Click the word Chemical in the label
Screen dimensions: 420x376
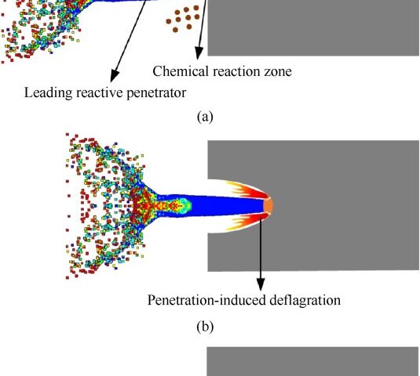point(181,71)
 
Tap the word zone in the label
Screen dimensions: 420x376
point(278,71)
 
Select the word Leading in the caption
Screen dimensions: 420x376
point(48,93)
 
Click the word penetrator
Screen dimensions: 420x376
point(156,93)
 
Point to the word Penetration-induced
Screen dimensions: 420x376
point(206,300)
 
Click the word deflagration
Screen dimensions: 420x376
point(305,300)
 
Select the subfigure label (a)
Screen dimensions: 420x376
point(205,117)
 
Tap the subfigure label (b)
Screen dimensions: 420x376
point(205,327)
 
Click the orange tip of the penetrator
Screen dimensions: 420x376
point(268,205)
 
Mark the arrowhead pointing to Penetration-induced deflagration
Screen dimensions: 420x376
point(261,284)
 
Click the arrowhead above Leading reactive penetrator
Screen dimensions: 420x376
point(114,76)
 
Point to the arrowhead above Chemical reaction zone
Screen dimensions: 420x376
point(199,53)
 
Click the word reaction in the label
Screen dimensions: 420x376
point(236,71)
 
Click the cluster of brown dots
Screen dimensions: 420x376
point(183,19)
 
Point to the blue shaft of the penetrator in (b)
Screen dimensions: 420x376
point(226,206)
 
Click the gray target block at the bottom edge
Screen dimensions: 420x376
point(313,361)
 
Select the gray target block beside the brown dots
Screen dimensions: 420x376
point(313,27)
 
